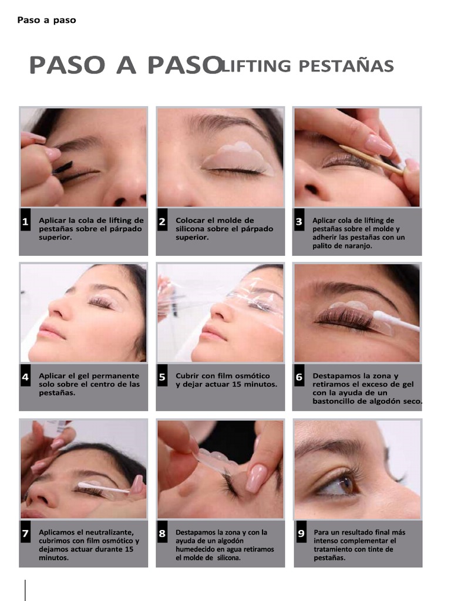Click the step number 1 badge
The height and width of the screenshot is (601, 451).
(x=25, y=222)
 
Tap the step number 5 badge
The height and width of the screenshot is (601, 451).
(x=162, y=377)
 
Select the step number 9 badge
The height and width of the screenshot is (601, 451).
(x=301, y=534)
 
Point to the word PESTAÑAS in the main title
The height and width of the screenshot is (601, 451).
(x=346, y=66)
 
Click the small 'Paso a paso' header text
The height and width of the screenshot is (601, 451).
(x=46, y=20)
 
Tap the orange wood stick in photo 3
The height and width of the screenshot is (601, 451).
(x=370, y=159)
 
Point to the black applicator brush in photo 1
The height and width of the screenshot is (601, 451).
(x=62, y=168)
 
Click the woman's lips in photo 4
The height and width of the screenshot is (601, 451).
(x=52, y=332)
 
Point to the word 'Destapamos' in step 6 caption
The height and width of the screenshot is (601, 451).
(x=336, y=376)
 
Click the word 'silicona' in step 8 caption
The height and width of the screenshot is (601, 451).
(x=229, y=558)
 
